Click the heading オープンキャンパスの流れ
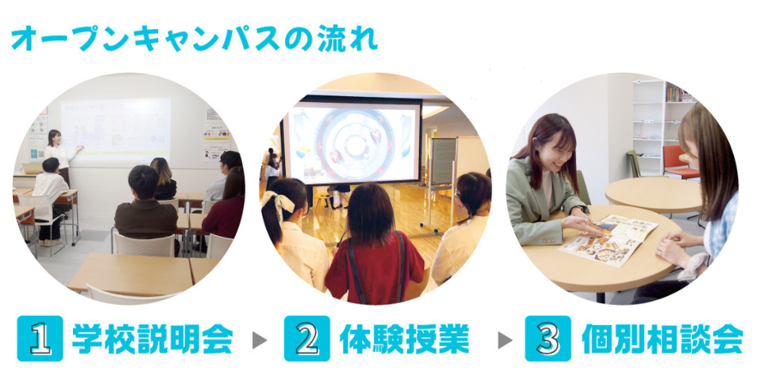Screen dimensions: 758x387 (x=194, y=39)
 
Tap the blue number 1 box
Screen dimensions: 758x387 (x=40, y=338)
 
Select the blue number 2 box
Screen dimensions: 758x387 (x=307, y=338)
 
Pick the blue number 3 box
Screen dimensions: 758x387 (x=548, y=338)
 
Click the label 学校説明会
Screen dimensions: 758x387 (x=152, y=339)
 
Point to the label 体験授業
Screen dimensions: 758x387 (x=404, y=339)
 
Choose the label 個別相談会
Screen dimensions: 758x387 (x=662, y=339)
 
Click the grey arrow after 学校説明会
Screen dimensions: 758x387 (x=259, y=340)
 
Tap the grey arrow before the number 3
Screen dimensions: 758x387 (x=505, y=340)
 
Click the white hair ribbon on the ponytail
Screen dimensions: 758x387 (x=278, y=203)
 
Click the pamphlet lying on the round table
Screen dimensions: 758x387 (x=608, y=239)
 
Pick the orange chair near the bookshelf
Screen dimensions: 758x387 (x=679, y=162)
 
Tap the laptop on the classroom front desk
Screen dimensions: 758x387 (x=32, y=168)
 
